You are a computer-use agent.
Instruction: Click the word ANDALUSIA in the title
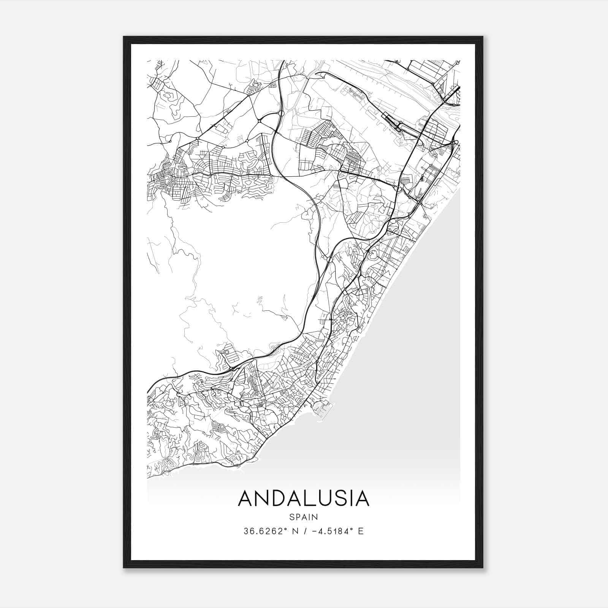[304, 499]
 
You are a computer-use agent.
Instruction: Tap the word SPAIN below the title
[304, 517]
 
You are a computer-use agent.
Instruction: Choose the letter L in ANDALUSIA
[312, 499]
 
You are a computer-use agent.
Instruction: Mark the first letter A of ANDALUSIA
[245, 499]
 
